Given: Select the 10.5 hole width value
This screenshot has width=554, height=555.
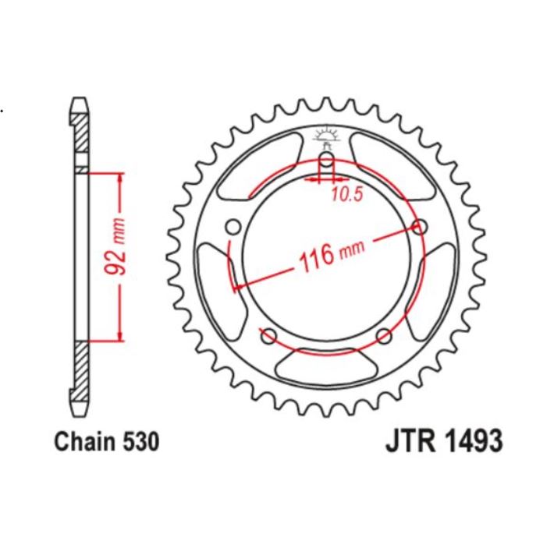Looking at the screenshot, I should tap(346, 196).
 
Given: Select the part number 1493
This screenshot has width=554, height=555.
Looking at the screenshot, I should tap(470, 441).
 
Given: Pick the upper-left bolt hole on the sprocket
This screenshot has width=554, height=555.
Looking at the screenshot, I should tap(232, 227).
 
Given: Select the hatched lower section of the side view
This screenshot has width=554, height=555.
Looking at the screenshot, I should tap(80, 369).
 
